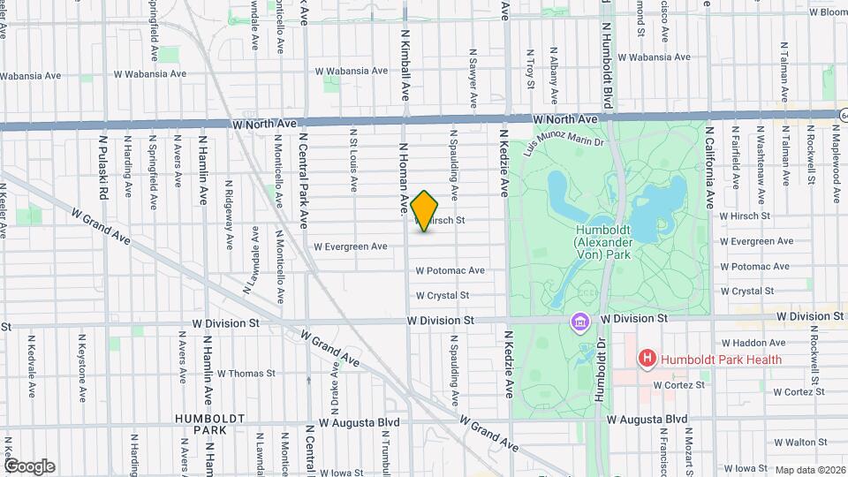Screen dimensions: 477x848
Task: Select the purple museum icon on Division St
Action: pyautogui.click(x=579, y=322)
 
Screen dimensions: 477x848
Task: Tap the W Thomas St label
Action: pyautogui.click(x=247, y=373)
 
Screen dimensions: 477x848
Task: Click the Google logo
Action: pyautogui.click(x=29, y=466)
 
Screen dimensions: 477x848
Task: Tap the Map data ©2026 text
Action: pyautogui.click(x=809, y=470)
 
